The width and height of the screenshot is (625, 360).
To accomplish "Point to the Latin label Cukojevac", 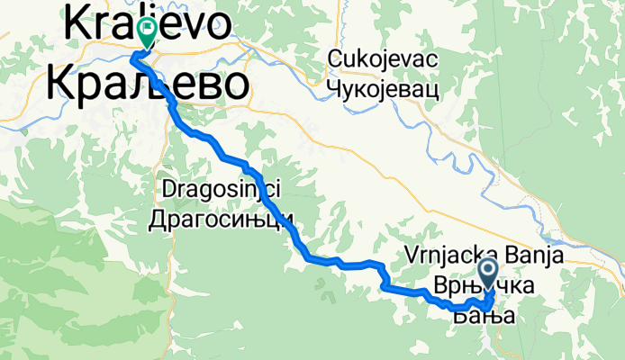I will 383,59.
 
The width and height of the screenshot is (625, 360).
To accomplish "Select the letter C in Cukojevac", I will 336,59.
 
